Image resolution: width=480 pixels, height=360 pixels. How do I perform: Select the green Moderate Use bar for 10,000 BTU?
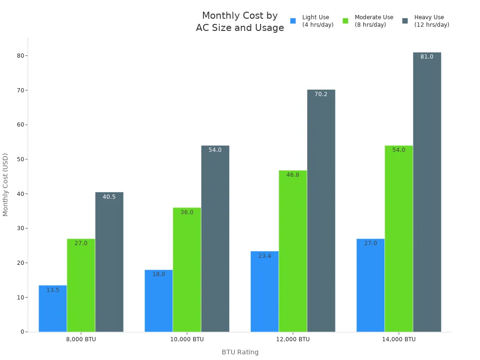(187, 272)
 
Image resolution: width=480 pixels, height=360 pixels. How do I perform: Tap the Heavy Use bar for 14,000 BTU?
(427, 197)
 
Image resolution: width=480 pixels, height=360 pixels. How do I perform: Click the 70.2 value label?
(321, 94)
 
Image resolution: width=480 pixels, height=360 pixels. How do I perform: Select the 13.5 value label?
(53, 290)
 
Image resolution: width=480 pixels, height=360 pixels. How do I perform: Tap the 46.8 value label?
(293, 175)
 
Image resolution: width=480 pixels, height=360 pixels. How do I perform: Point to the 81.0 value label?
(427, 57)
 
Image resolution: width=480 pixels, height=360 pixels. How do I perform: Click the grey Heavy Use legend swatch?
(405, 21)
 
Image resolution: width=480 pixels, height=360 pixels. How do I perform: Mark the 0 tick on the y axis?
(22, 332)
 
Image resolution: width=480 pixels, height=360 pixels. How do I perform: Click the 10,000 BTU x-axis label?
(187, 339)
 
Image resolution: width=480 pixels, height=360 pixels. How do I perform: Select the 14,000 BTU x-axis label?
(398, 339)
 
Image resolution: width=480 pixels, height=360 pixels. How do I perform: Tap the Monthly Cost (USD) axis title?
(6, 185)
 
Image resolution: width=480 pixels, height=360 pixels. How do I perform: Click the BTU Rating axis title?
(240, 352)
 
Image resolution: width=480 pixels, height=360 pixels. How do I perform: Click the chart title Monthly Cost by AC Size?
(240, 22)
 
